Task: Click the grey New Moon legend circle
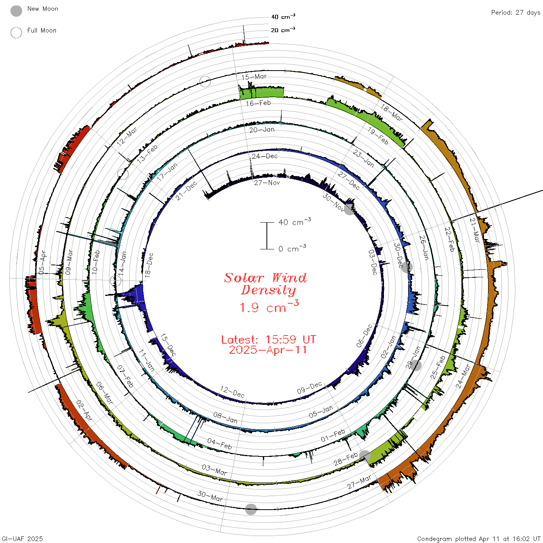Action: pos(16,11)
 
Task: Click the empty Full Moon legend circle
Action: pos(16,33)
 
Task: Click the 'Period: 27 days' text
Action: pos(516,13)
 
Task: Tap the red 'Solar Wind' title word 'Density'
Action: pos(268,290)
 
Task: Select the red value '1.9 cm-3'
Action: pos(269,306)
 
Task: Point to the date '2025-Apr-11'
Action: pos(268,350)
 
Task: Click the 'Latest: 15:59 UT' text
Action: pos(268,339)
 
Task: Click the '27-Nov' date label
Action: pos(267,183)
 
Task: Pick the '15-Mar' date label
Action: pos(254,77)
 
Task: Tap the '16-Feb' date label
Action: pos(258,103)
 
